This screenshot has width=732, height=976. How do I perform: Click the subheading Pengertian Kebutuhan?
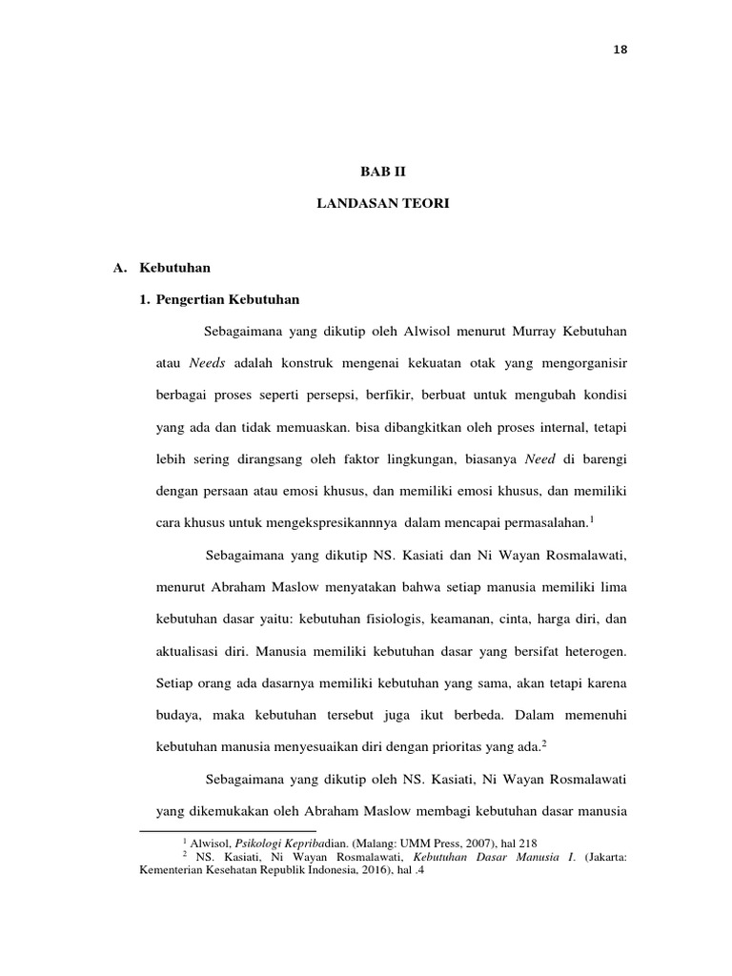tap(228, 299)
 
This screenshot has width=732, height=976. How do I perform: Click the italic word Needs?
tap(207, 363)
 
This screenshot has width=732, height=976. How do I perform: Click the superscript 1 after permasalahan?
tap(592, 518)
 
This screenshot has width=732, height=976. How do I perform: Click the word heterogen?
tap(595, 651)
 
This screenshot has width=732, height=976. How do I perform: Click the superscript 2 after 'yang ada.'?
tap(543, 742)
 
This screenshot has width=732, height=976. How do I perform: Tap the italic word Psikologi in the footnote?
tap(246, 844)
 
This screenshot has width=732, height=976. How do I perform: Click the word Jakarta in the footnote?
tap(600, 857)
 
